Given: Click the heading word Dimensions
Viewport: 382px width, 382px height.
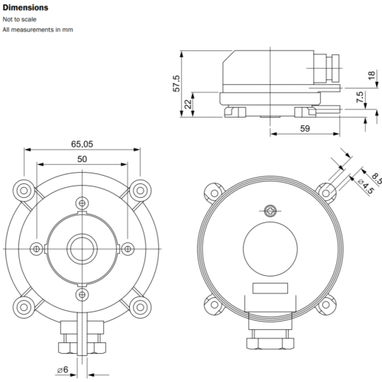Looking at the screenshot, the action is point(25,8).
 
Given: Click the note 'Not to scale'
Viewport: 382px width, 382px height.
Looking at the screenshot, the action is point(19,19).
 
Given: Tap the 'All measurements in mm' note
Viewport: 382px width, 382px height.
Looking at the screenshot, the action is point(37,30).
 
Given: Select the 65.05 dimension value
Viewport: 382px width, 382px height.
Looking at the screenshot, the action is point(82,144).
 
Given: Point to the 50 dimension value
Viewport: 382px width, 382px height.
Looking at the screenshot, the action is point(82,159).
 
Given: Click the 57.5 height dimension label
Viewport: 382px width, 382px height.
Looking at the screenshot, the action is point(176,83).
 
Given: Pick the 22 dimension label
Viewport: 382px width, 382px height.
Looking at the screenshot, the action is point(188,104).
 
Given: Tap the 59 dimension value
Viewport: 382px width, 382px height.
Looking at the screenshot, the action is point(305,128).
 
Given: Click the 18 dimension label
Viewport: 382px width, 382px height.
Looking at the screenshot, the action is point(371,75).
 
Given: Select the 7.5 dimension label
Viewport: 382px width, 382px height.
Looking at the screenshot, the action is point(360,97).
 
